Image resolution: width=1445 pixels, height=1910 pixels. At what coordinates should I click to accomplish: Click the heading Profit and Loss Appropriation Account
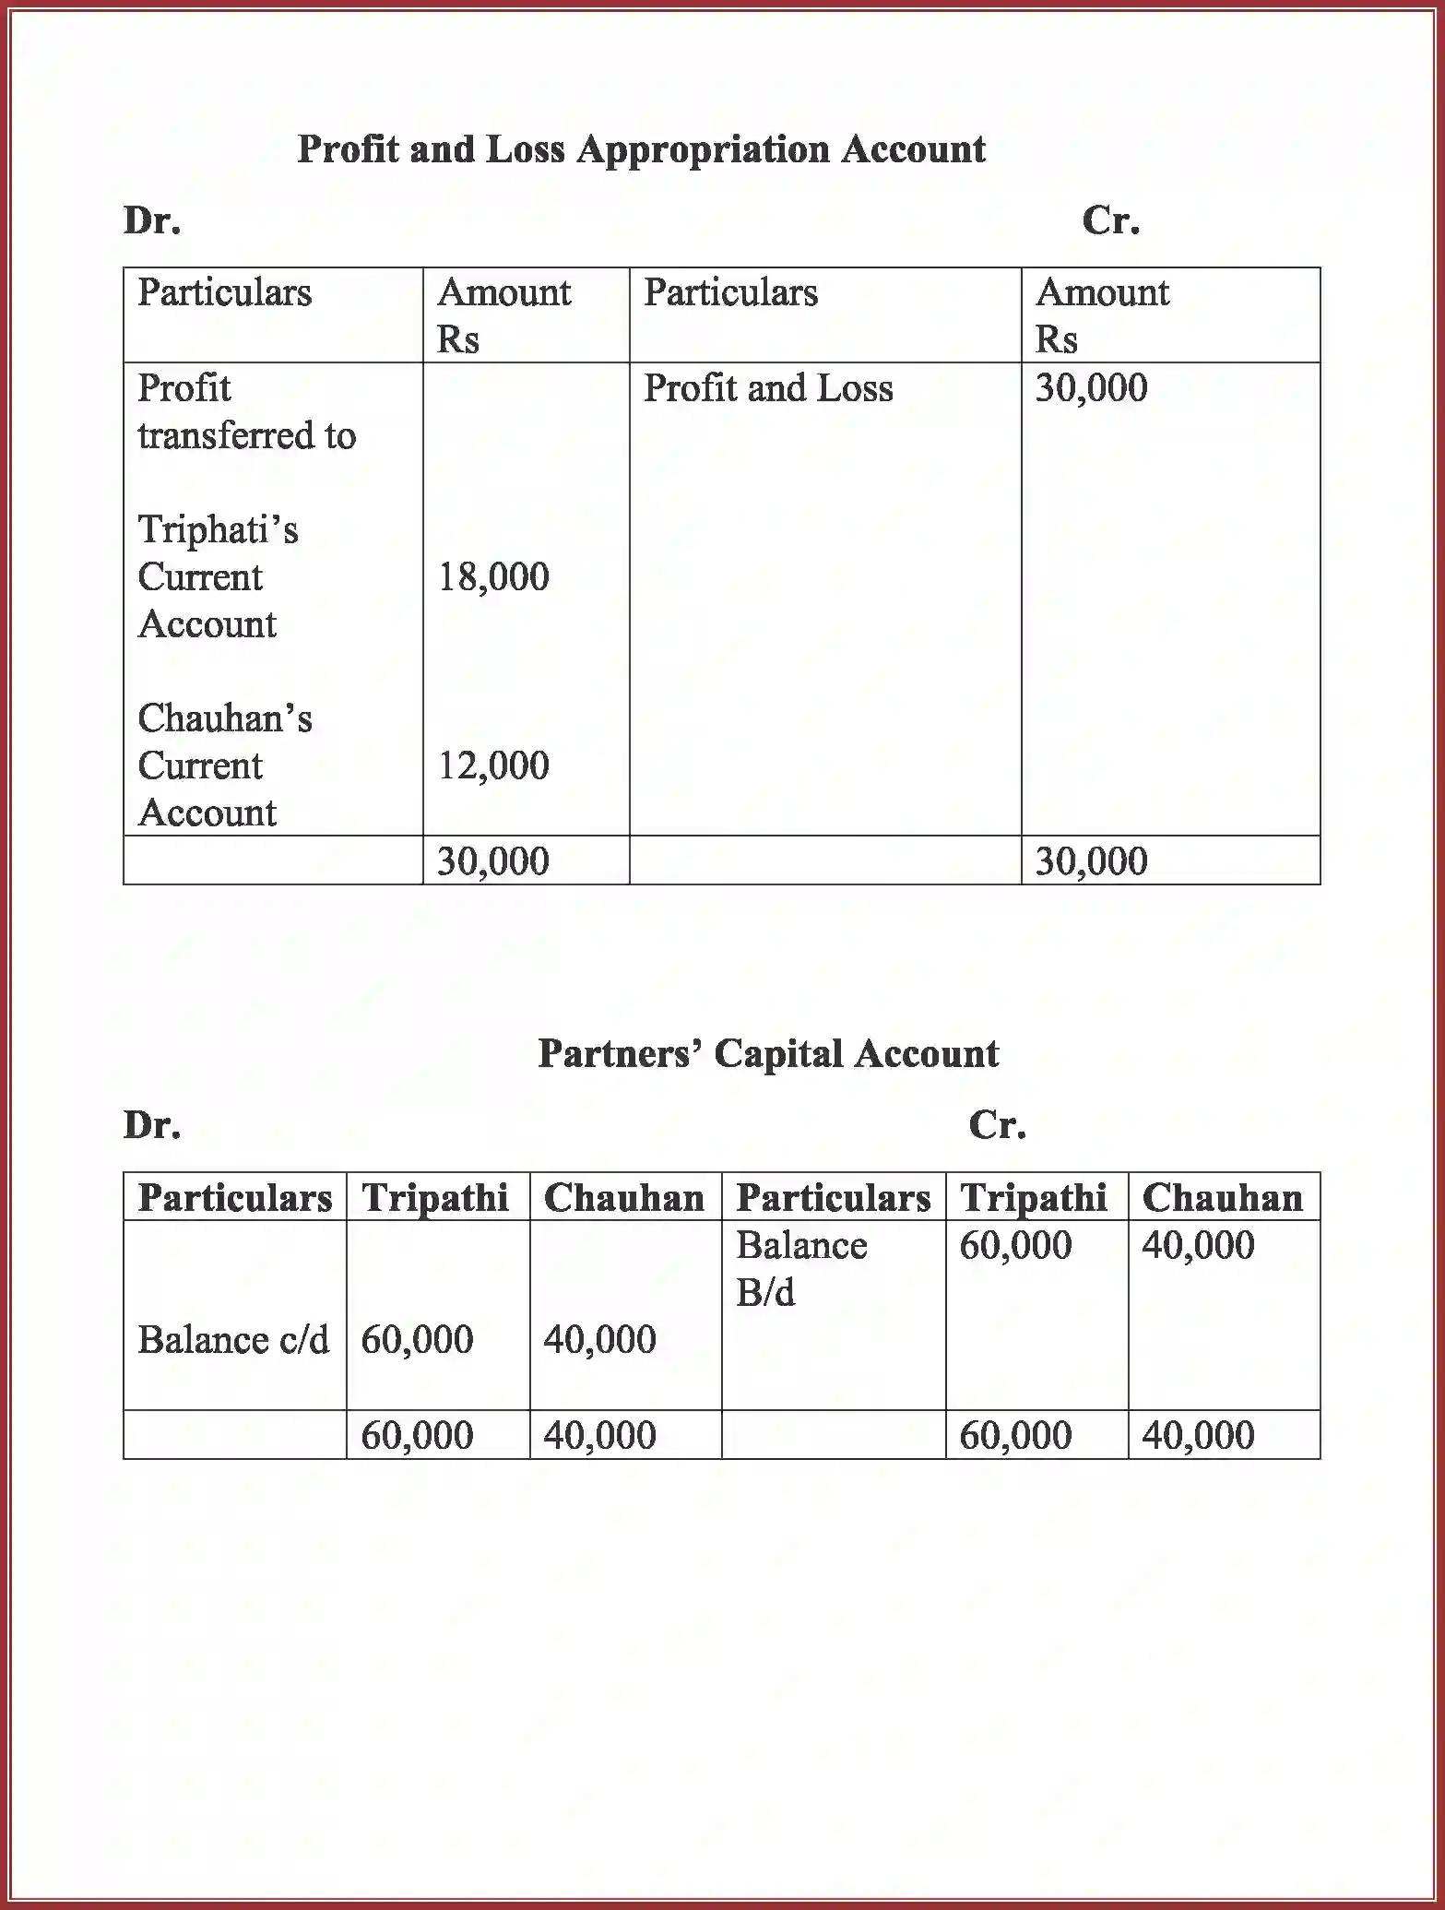[x=641, y=149]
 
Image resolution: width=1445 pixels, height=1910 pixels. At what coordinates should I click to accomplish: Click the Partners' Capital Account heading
[x=767, y=1054]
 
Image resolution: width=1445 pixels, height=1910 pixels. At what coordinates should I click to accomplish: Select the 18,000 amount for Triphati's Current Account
[x=493, y=577]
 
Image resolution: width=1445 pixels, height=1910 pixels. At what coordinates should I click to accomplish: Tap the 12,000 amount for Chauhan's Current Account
[x=493, y=765]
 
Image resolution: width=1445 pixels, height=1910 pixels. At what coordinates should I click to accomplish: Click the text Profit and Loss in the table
[x=767, y=388]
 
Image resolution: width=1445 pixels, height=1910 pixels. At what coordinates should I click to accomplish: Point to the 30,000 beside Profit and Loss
[x=1091, y=388]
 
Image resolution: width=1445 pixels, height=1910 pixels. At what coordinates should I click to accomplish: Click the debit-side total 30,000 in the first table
[x=493, y=861]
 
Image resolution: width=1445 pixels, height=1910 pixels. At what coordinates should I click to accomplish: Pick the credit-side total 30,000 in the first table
[x=1091, y=861]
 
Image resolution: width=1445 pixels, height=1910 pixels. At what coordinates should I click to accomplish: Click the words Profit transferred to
[x=246, y=411]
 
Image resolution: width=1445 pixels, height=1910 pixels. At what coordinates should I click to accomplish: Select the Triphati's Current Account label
[x=218, y=577]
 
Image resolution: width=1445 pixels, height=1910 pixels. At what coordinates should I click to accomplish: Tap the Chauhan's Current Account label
[x=224, y=765]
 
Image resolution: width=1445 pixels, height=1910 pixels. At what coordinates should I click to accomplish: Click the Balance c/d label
[x=233, y=1340]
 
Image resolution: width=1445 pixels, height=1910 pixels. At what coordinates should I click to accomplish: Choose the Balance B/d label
[x=800, y=1269]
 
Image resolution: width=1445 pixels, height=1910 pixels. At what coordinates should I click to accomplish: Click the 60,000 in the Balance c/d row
[x=417, y=1340]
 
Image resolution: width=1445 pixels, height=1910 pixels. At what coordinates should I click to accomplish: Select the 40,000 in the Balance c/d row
[x=599, y=1340]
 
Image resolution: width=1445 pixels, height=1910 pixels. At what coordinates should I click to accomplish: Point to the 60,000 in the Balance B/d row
[x=1015, y=1246]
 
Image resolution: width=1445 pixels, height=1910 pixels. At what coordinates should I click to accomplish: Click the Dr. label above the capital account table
[x=152, y=1125]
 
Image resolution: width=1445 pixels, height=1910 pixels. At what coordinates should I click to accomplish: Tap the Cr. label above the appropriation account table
[x=1110, y=220]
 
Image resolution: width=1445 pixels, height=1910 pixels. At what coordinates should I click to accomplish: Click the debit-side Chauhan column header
[x=623, y=1198]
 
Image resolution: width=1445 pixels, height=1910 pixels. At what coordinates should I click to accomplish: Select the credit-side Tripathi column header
[x=1033, y=1198]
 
